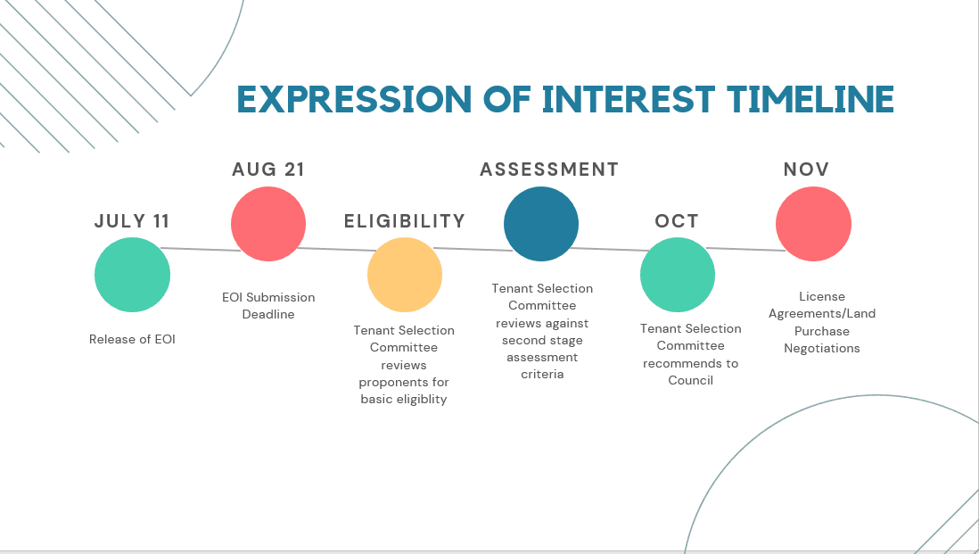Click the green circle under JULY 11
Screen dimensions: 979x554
[x=132, y=275]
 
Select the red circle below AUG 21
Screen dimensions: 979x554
[x=268, y=224]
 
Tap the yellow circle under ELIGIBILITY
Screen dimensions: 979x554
[x=405, y=275]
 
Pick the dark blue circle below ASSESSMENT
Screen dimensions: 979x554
[x=541, y=224]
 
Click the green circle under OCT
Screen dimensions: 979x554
[x=678, y=275]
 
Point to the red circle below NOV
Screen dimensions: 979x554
[x=813, y=224]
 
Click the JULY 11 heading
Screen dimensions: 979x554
[x=132, y=221]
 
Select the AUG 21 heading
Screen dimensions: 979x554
[x=268, y=170]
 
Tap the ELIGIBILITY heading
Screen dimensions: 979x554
[x=405, y=221]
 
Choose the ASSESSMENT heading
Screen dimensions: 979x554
[x=549, y=170]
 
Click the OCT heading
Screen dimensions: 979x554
[x=677, y=221]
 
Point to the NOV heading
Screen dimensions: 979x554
[x=807, y=170]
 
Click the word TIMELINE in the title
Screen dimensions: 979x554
[x=810, y=99]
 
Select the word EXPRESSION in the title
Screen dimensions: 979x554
[x=354, y=99]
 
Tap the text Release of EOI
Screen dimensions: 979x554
[x=132, y=339]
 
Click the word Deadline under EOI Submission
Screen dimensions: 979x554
[x=268, y=314]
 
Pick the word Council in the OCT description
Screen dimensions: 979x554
[x=690, y=380]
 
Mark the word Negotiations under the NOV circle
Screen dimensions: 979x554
[x=822, y=349]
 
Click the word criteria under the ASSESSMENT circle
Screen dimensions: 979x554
[x=542, y=374]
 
